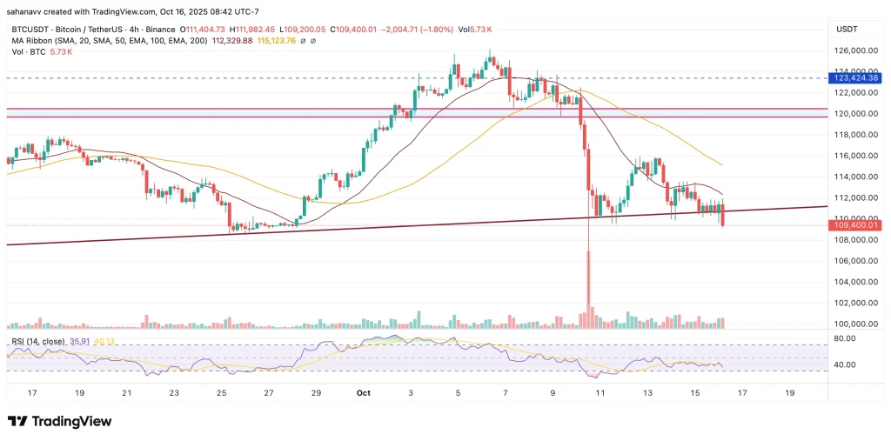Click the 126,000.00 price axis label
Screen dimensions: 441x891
(x=854, y=50)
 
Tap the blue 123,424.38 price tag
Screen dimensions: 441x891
(x=854, y=78)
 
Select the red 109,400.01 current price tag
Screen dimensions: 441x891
(x=854, y=225)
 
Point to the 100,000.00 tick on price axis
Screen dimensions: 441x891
(x=854, y=324)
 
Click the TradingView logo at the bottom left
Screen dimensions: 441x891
(x=59, y=421)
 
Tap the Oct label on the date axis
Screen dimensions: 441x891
(x=364, y=392)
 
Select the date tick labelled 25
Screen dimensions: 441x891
(x=221, y=392)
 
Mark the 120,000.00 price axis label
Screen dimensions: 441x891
(x=854, y=114)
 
